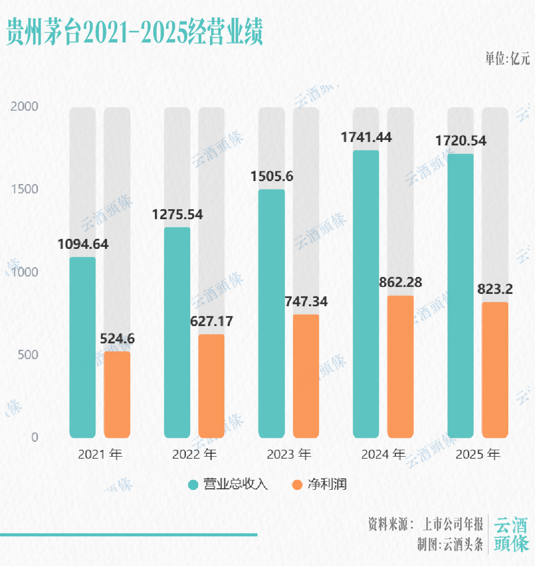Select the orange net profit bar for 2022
pyautogui.click(x=212, y=386)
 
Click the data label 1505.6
pyautogui.click(x=271, y=177)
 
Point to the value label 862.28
pyautogui.click(x=400, y=283)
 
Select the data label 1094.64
pyautogui.click(x=83, y=244)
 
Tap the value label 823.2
pyautogui.click(x=495, y=289)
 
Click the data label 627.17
pyautogui.click(x=212, y=322)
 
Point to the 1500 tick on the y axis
pyautogui.click(x=24, y=189)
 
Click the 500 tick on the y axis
pyautogui.click(x=28, y=355)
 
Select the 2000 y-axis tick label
pyautogui.click(x=24, y=107)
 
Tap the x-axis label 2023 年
pyautogui.click(x=289, y=454)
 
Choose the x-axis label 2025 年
pyautogui.click(x=478, y=454)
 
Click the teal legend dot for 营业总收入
pyautogui.click(x=193, y=484)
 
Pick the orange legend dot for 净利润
pyautogui.click(x=297, y=484)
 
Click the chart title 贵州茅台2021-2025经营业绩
pyautogui.click(x=134, y=33)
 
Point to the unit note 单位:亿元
pyautogui.click(x=507, y=59)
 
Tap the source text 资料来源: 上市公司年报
pyautogui.click(x=426, y=524)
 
